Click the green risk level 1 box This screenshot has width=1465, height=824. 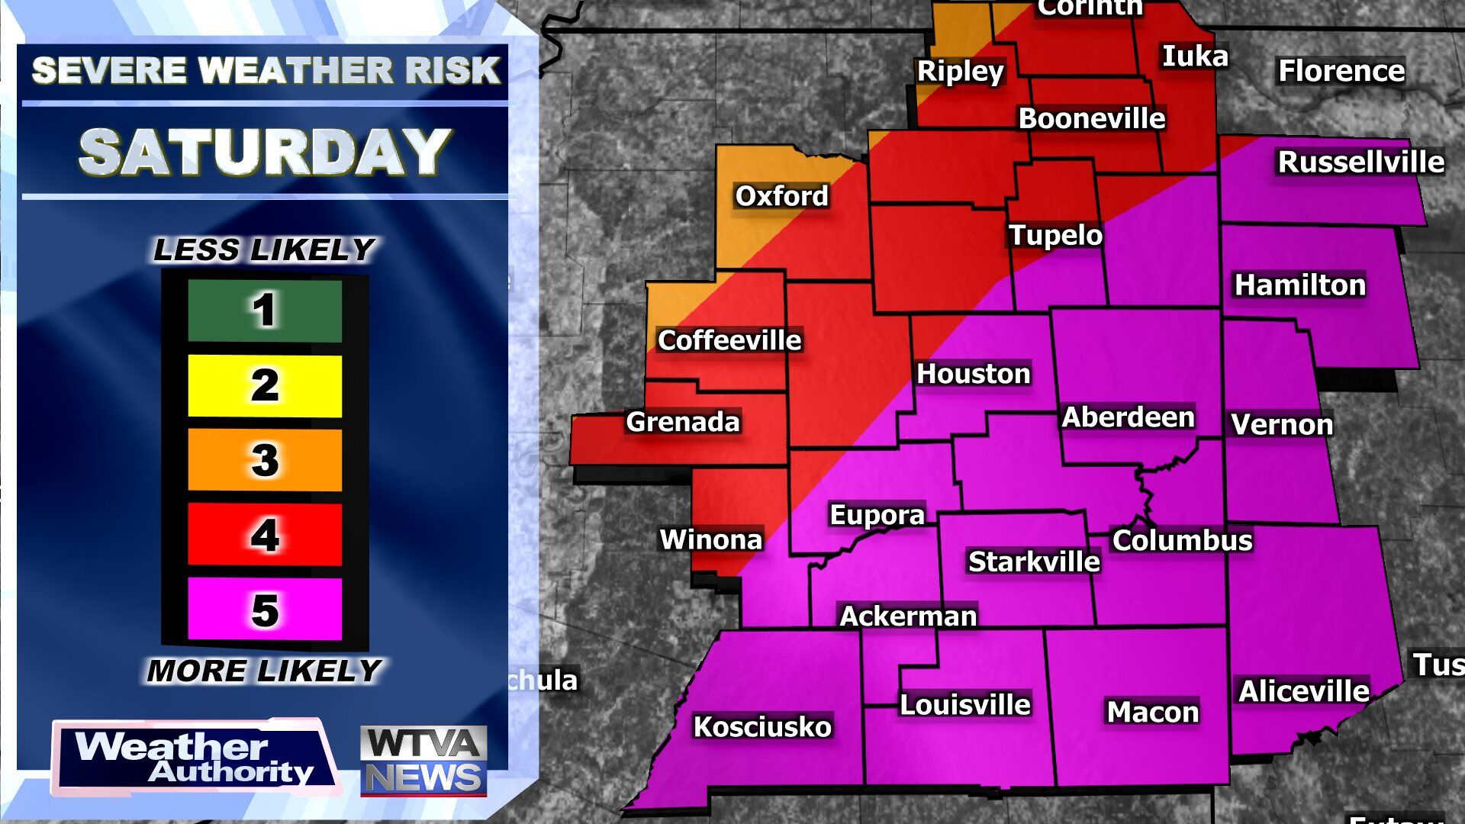coord(265,311)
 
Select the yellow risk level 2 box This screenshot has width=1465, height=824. coord(265,385)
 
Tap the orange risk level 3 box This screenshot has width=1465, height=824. coord(265,460)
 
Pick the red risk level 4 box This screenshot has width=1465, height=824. coord(265,534)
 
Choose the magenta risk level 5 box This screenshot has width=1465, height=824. coord(265,609)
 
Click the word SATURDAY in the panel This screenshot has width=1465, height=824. coord(265,151)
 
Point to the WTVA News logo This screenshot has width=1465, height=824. coord(423,761)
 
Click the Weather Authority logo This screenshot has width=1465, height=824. coord(195,757)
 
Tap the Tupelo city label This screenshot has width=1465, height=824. coord(1055,235)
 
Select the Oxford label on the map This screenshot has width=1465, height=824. coord(781,196)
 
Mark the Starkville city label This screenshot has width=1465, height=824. coord(1034,562)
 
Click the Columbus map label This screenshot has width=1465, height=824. coord(1182,540)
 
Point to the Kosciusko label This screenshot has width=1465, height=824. coord(761,726)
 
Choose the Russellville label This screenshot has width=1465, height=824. coord(1360,162)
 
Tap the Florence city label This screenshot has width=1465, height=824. coord(1341,71)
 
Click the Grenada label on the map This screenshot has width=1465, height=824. coord(682,422)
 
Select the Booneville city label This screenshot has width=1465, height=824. coord(1091,118)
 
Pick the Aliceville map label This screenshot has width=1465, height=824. coord(1303,691)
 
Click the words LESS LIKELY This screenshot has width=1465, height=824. coord(264,249)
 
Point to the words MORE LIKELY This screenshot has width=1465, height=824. coord(264,671)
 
